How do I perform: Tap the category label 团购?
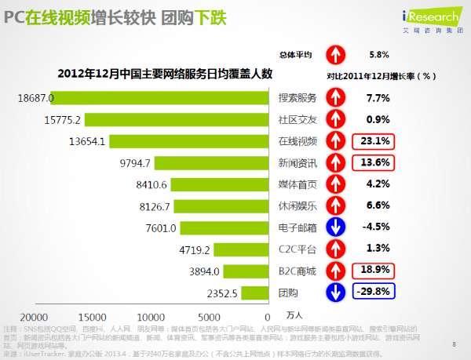(287, 292)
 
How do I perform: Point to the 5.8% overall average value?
(378, 55)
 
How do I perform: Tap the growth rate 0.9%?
(378, 120)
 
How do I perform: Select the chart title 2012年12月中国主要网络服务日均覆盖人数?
(163, 75)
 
